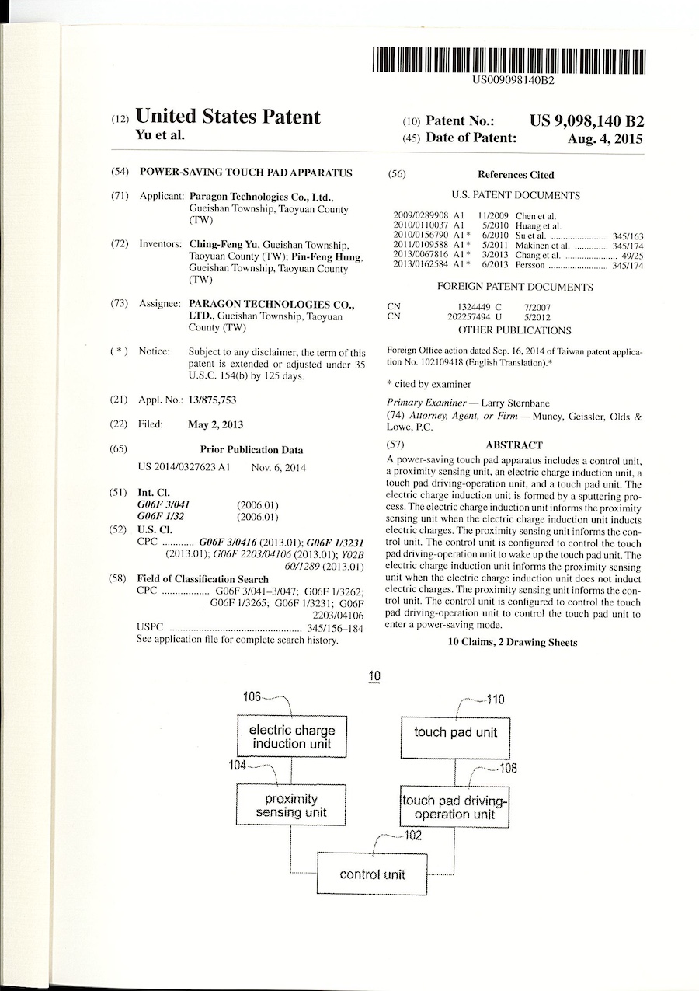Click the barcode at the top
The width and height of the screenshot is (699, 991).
click(509, 61)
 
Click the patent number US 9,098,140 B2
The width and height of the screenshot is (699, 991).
click(586, 121)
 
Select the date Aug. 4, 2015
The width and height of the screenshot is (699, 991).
click(606, 139)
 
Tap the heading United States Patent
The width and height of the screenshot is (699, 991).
click(228, 117)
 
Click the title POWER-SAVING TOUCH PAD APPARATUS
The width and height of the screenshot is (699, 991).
click(245, 173)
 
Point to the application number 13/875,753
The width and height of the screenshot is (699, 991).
click(212, 400)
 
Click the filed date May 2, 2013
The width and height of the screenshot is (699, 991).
click(215, 425)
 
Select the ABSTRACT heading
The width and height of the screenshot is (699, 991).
click(513, 445)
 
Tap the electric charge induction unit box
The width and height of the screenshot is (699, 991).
click(291, 737)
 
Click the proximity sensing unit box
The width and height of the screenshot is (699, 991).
click(291, 805)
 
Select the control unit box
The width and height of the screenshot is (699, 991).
click(372, 874)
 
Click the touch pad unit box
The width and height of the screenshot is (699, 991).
click(455, 732)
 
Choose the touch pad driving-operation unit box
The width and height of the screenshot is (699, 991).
click(455, 807)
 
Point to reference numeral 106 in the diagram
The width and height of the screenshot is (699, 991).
click(252, 696)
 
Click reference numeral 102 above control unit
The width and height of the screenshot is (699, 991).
click(413, 836)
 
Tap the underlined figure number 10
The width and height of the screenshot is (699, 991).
click(374, 677)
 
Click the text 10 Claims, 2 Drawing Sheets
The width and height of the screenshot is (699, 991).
click(513, 642)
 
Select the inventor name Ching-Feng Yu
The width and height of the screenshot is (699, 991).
click(224, 244)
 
